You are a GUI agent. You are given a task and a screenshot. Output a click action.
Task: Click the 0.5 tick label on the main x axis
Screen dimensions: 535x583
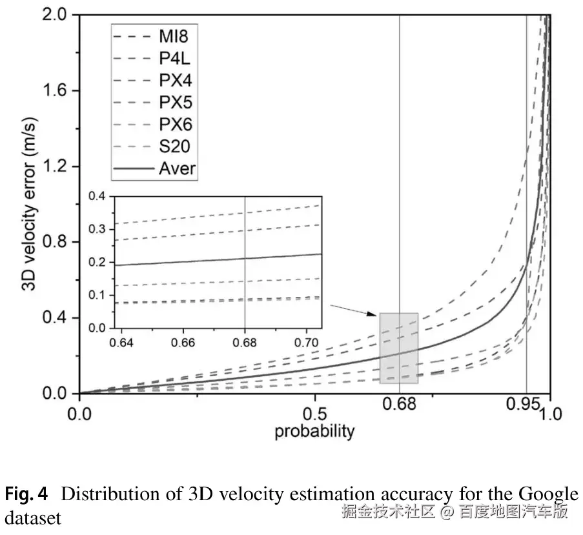[x=315, y=413]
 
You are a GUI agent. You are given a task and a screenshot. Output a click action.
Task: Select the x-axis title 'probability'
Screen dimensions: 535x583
[x=315, y=431]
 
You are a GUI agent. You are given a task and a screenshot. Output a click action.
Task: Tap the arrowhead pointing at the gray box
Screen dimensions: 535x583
[x=373, y=314]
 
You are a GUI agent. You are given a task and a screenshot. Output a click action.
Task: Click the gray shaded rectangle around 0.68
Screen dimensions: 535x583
[x=398, y=348]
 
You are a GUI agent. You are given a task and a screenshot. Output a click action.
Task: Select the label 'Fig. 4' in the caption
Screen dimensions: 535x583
[x=26, y=495]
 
